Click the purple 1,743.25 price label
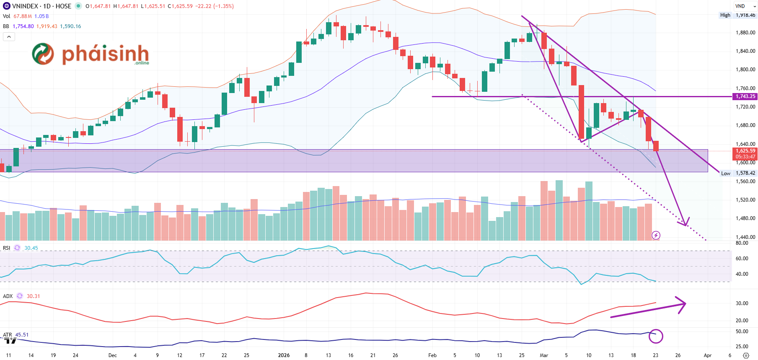tap(745, 96)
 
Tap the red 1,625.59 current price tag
tap(745, 151)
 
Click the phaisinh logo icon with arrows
tap(43, 54)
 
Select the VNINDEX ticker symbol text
tap(25, 6)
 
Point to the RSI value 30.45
tap(31, 248)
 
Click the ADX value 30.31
tap(34, 296)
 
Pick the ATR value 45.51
tap(22, 335)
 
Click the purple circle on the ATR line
tap(656, 336)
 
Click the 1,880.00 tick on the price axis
tap(745, 33)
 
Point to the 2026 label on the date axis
tap(284, 355)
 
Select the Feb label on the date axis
tap(432, 355)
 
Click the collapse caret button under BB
tap(9, 37)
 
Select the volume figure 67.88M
tap(23, 16)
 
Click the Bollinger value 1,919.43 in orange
tap(47, 26)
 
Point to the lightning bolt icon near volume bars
tap(656, 235)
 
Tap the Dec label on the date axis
tap(112, 355)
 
